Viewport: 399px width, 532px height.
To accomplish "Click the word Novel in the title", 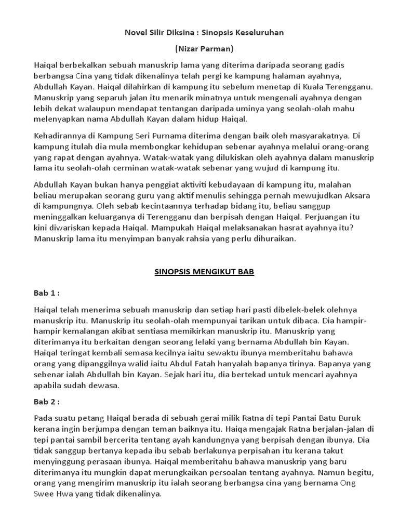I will coord(135,32).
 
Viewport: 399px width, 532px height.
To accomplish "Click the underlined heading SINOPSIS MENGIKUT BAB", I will coord(204,271).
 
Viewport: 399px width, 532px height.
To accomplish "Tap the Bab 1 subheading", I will coord(46,293).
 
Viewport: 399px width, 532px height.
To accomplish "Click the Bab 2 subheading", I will coord(46,402).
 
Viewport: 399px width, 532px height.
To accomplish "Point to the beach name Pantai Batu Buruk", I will coord(336,418).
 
